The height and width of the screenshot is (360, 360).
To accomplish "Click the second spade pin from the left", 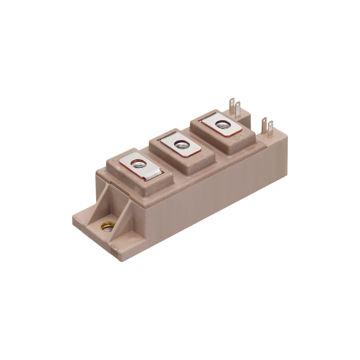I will [238, 109].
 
